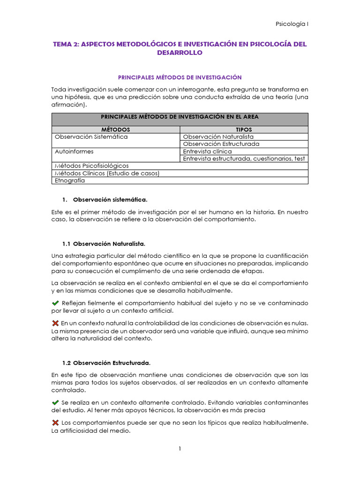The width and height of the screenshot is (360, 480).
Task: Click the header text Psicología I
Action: tap(292, 23)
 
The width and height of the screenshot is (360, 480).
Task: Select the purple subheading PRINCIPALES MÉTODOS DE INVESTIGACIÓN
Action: tap(180, 77)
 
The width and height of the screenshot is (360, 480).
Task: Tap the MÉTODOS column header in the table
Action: tap(115, 129)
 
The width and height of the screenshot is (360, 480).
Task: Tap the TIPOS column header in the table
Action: tap(244, 129)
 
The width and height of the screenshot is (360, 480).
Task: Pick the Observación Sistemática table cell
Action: tap(91, 137)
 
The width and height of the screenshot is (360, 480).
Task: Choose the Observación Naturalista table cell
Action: tap(218, 137)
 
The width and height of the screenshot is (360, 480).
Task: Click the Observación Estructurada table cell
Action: tap(221, 144)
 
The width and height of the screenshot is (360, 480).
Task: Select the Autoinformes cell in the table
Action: tap(74, 151)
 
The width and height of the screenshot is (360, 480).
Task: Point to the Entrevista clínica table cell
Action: tap(207, 151)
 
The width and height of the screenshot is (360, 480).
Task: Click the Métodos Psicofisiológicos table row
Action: tap(92, 165)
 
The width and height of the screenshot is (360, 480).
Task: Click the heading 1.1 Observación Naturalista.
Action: tap(104, 244)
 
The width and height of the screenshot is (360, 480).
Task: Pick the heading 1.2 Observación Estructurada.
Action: tap(106, 363)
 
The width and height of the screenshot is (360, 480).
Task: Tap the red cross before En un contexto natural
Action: tap(55, 323)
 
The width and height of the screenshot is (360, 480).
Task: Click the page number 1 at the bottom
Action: tap(180, 449)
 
